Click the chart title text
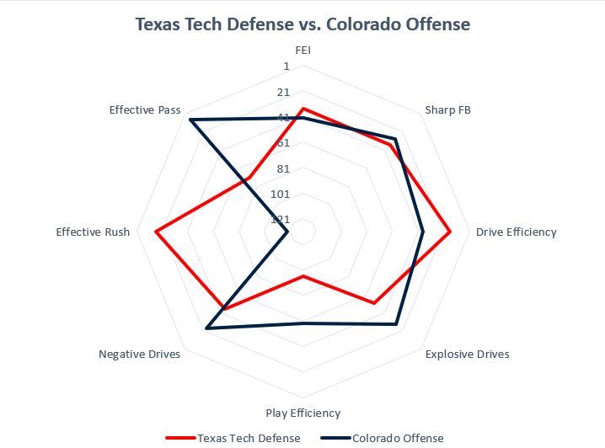[302, 24]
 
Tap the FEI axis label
[303, 50]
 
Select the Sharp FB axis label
[447, 110]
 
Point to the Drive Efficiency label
[516, 232]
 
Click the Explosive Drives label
[467, 355]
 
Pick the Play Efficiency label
[302, 413]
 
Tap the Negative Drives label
[139, 355]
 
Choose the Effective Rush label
[93, 232]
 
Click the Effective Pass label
[144, 110]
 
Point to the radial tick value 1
[286, 67]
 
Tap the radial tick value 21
[283, 92]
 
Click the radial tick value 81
[283, 168]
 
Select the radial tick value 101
[281, 194]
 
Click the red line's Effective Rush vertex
[156, 232]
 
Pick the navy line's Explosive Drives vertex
[395, 323]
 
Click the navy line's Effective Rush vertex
[288, 232]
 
